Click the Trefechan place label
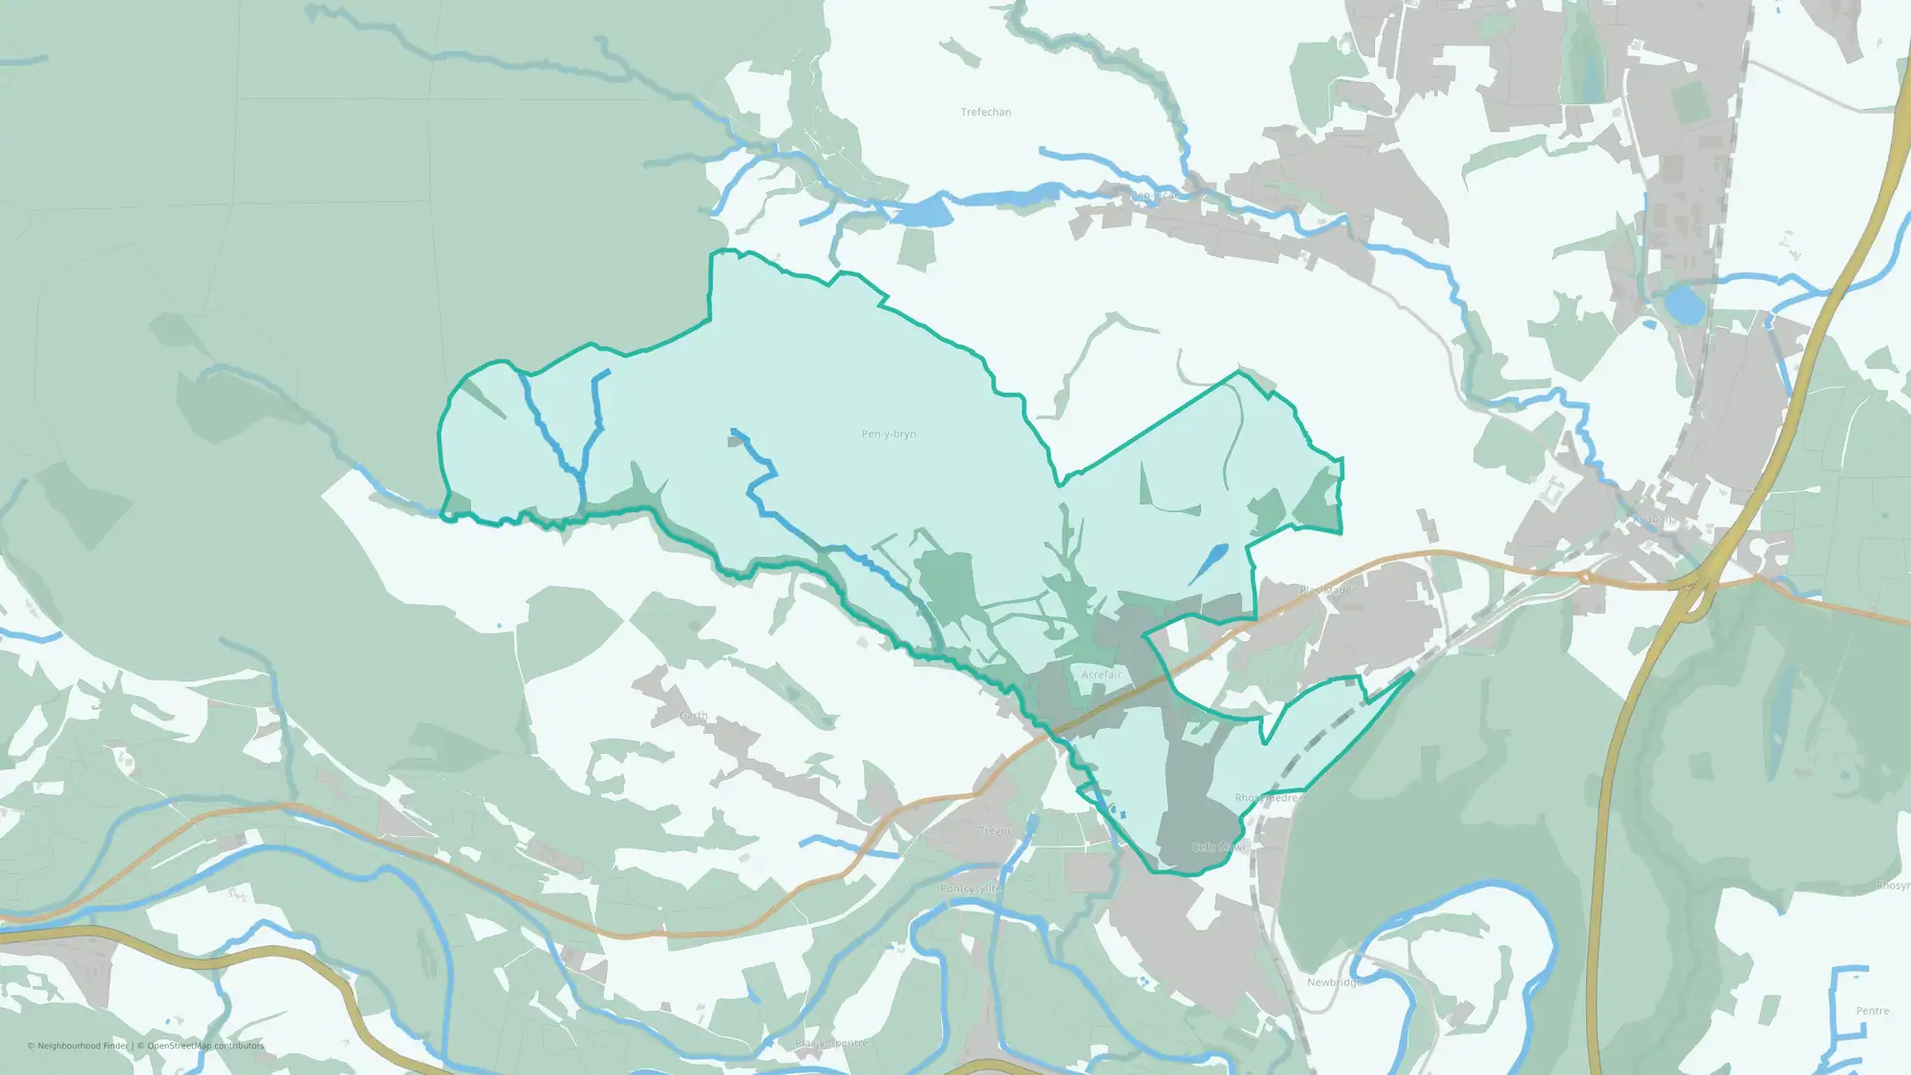(985, 112)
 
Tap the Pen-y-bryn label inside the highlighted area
(888, 434)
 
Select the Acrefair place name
(1101, 675)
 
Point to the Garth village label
(694, 716)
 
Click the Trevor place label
(994, 830)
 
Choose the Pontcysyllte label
(971, 889)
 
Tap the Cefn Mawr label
(1218, 847)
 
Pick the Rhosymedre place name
(1266, 798)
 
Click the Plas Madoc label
(1327, 591)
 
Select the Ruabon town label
(1653, 520)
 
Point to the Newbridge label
(1335, 982)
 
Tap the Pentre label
(1872, 1011)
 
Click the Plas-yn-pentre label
(831, 1043)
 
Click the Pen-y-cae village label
(1156, 195)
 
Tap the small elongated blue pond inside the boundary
(1209, 563)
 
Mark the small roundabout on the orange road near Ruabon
(1584, 576)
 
